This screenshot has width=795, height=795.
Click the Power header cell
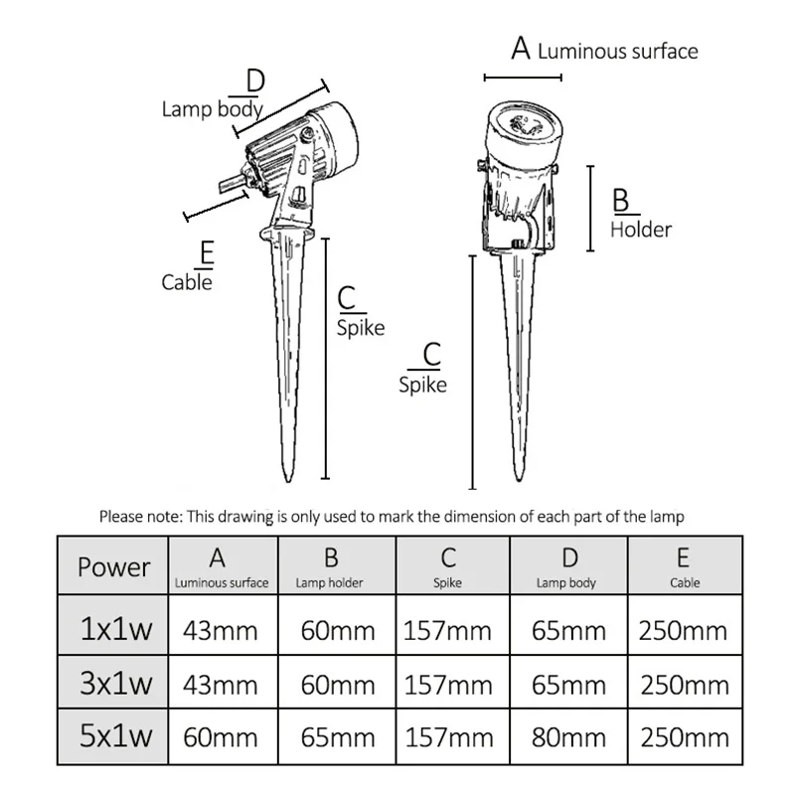[113, 567]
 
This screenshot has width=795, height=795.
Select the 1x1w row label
[113, 630]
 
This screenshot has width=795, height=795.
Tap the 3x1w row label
[113, 684]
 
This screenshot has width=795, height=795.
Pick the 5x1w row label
[113, 737]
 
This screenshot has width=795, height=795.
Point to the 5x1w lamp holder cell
[337, 737]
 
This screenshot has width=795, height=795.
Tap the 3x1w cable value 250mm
[684, 684]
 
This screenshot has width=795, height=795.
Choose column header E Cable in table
[684, 567]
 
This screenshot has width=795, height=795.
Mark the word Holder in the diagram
[641, 230]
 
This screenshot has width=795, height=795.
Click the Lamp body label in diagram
[212, 108]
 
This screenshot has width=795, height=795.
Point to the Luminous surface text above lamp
[617, 52]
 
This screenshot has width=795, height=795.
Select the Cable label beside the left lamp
[187, 282]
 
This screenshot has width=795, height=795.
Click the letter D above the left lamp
[254, 79]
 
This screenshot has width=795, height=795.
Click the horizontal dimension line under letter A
[513, 77]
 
